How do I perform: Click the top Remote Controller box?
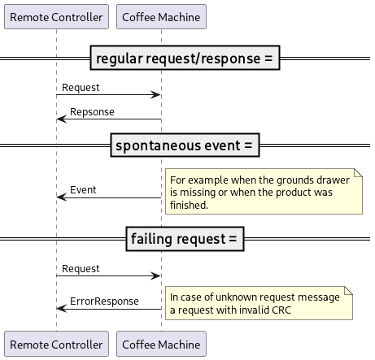coord(56,16)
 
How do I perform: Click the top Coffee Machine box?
coord(161,16)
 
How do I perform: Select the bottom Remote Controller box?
coord(56,345)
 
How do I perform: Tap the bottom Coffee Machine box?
coord(161,345)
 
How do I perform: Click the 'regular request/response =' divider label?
coord(187,59)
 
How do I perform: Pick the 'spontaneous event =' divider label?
coord(187,146)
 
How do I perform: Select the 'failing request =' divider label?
coord(187,239)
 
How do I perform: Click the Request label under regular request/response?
coord(81,87)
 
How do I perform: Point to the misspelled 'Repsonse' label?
coord(92,111)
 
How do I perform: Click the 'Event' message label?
coord(83,189)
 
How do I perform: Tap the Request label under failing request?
coord(81,268)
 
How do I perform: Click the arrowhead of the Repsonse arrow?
coord(60,119)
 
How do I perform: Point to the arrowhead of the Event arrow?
coord(60,197)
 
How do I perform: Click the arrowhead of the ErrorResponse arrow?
coord(60,309)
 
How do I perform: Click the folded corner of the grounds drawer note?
coord(359,175)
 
